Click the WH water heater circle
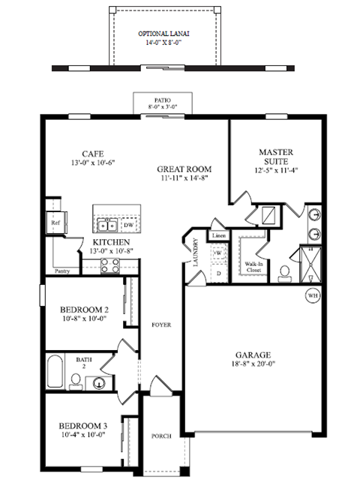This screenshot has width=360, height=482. click(x=312, y=296)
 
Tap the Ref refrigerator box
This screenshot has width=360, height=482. click(x=55, y=223)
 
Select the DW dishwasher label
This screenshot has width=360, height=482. click(x=128, y=224)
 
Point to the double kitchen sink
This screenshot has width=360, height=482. click(x=106, y=224)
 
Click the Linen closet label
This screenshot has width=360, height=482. click(x=218, y=236)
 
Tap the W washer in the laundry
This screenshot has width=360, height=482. click(x=219, y=253)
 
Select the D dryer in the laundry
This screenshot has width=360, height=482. click(x=219, y=273)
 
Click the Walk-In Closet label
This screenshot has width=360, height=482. click(x=253, y=267)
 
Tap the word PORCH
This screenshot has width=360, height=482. click(x=161, y=434)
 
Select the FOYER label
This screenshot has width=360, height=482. click(x=160, y=325)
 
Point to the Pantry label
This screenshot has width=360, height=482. click(x=63, y=271)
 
